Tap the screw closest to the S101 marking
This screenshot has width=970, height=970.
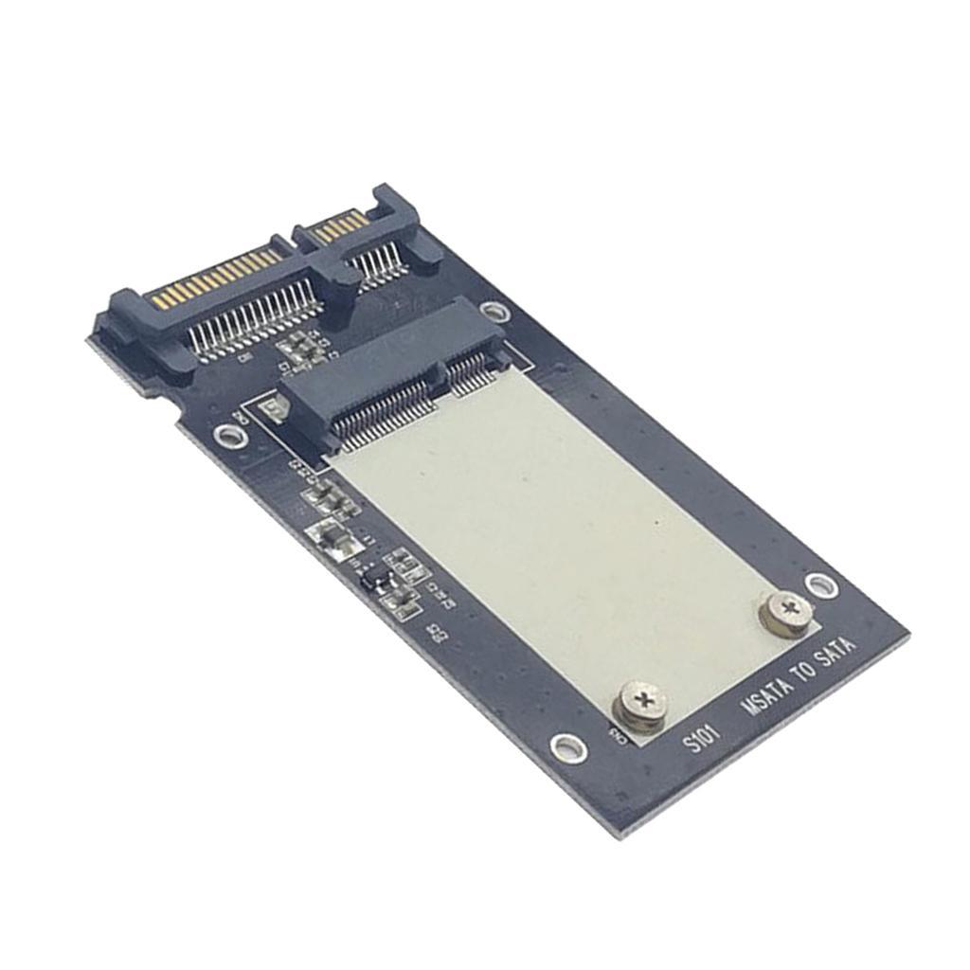(643, 704)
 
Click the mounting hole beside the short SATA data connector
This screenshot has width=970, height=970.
(491, 311)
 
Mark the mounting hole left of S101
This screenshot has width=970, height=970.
(566, 746)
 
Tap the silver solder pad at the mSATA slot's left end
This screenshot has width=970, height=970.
(270, 408)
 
